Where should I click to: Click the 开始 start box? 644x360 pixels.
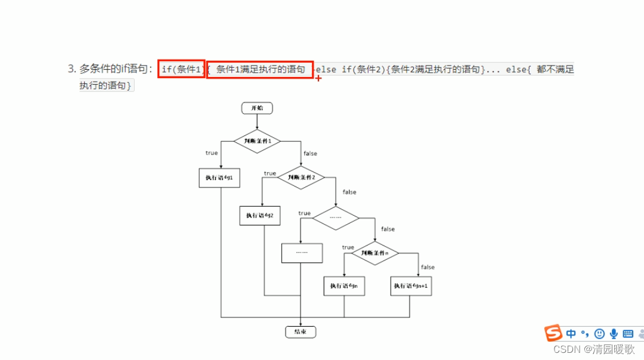(x=257, y=108)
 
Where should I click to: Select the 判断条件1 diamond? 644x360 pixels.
(x=257, y=141)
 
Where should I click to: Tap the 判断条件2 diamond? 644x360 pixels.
(x=301, y=177)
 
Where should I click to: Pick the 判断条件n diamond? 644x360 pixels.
(x=375, y=253)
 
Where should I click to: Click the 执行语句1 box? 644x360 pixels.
(x=219, y=178)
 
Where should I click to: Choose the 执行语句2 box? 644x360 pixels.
(x=260, y=215)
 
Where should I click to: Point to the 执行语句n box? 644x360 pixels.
(x=344, y=286)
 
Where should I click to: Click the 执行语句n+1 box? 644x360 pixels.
(x=411, y=286)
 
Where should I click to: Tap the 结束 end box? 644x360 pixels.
(x=301, y=332)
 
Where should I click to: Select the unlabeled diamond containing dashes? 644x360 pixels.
(x=336, y=218)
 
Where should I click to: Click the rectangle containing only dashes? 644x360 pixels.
(x=302, y=253)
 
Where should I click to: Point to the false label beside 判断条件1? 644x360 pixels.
(x=310, y=154)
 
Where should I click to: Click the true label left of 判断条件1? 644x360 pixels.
(x=212, y=153)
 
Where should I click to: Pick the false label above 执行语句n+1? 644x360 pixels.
(x=428, y=268)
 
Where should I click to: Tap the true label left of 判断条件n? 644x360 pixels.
(x=348, y=247)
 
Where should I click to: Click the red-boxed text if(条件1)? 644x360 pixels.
(x=182, y=69)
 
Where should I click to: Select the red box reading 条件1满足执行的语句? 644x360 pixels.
(x=260, y=69)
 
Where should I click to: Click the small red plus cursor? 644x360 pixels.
(x=318, y=78)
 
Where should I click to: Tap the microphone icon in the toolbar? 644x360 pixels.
(x=614, y=334)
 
